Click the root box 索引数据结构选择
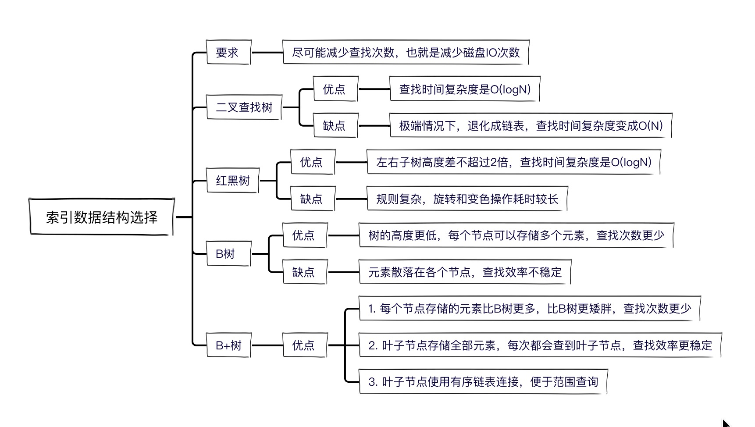click(102, 217)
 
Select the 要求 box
click(228, 53)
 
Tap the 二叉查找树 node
click(244, 107)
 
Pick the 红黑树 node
click(233, 181)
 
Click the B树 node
click(228, 254)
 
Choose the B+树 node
click(228, 345)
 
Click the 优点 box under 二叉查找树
click(336, 89)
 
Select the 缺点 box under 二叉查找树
click(336, 126)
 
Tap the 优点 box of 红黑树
click(313, 162)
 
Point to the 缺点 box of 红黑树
click(313, 199)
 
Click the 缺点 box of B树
click(305, 272)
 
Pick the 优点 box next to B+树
click(305, 345)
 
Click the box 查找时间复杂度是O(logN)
click(465, 89)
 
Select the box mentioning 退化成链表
click(531, 126)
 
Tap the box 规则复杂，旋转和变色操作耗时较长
click(467, 199)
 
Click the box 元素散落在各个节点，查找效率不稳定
click(465, 272)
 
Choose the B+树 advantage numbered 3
click(483, 382)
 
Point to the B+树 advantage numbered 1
click(530, 309)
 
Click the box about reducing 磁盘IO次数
click(406, 53)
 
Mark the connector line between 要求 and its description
click(267, 53)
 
